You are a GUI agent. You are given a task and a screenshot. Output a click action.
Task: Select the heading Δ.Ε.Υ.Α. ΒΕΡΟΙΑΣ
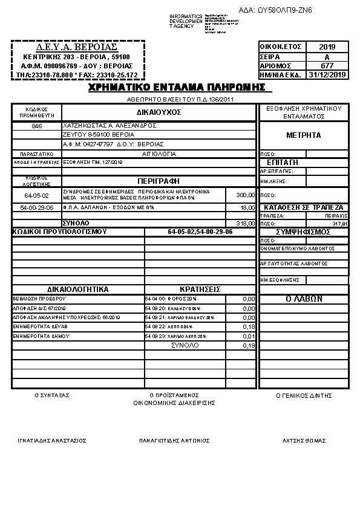[x=77, y=47]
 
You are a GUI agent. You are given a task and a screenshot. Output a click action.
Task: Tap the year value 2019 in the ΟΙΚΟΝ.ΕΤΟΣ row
[x=327, y=47]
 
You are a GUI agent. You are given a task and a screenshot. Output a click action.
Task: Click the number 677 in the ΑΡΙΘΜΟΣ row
[x=327, y=65]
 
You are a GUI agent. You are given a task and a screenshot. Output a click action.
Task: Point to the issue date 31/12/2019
[x=327, y=74]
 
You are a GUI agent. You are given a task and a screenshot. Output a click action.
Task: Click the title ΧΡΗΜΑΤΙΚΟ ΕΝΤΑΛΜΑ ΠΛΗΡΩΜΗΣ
[x=177, y=87]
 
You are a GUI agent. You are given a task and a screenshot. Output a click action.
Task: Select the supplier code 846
[x=37, y=126]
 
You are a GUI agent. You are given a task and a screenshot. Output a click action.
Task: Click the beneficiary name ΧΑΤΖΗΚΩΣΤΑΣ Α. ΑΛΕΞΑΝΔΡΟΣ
[x=101, y=126]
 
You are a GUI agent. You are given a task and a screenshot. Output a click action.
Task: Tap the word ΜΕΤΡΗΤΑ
[x=303, y=135]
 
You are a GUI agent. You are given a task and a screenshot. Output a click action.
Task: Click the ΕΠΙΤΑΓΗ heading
[x=282, y=163]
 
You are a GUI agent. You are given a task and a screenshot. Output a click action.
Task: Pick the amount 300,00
[x=245, y=195]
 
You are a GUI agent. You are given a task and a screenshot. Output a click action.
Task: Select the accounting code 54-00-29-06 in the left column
[x=37, y=207]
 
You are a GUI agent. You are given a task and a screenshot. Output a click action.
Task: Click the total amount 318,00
[x=245, y=223]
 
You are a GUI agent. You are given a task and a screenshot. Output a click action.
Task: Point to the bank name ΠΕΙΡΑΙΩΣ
[x=335, y=215]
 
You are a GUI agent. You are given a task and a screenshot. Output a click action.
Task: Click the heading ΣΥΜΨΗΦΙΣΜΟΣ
[x=303, y=232]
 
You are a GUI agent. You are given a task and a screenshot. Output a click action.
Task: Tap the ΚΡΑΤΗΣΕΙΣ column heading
[x=200, y=289]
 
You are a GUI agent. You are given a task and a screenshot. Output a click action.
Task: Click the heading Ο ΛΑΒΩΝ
[x=303, y=299]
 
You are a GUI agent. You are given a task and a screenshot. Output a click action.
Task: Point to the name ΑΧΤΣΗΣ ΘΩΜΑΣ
[x=304, y=440]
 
